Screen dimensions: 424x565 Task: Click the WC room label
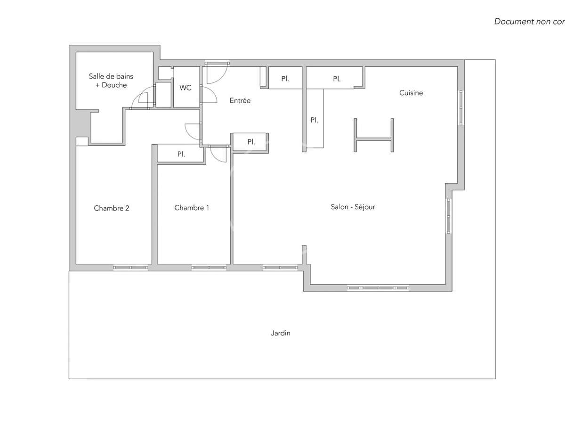click(186, 88)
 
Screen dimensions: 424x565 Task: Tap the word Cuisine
click(411, 93)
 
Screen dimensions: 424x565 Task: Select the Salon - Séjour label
click(353, 207)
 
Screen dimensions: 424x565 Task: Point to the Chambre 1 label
click(192, 208)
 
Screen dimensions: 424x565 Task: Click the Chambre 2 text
click(112, 208)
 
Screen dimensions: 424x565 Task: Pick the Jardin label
click(281, 333)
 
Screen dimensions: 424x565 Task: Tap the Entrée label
click(240, 100)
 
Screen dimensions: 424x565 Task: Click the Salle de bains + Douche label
click(111, 81)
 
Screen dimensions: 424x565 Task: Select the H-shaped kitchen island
click(374, 136)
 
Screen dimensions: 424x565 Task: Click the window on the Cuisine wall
click(461, 107)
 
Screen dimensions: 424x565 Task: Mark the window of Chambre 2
click(130, 268)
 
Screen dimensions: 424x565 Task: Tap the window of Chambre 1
click(209, 268)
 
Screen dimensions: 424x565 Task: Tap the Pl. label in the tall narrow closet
click(314, 120)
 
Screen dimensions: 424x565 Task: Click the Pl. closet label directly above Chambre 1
click(181, 154)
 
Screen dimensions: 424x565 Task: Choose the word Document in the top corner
click(512, 22)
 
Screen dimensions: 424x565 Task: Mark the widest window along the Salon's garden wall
click(378, 288)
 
